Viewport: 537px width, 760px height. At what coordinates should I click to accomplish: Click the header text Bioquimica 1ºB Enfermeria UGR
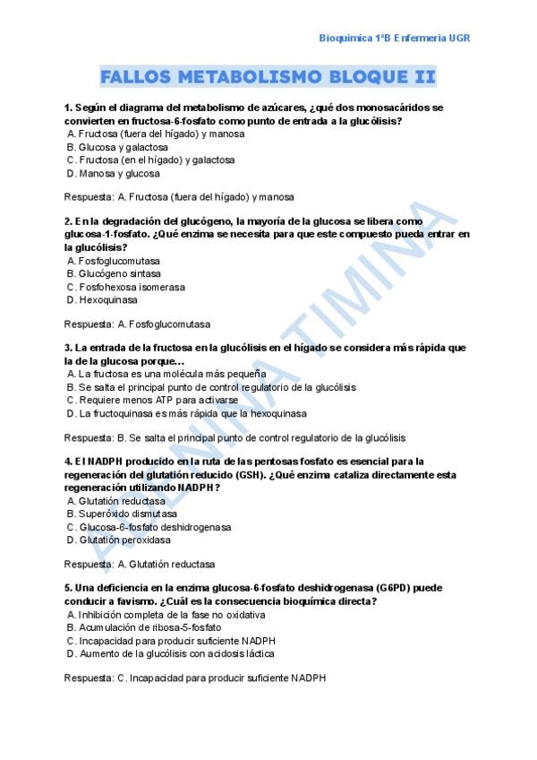click(395, 38)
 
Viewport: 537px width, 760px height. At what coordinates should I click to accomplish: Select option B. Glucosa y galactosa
click(117, 147)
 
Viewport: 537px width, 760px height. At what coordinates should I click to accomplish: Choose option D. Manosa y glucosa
click(114, 174)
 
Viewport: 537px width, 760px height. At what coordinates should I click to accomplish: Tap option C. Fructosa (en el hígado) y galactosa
click(150, 160)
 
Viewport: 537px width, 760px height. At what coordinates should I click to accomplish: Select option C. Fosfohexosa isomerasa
click(126, 288)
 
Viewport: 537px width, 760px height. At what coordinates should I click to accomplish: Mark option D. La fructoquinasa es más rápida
click(186, 414)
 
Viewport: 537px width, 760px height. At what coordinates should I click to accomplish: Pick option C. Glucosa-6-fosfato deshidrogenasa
click(149, 527)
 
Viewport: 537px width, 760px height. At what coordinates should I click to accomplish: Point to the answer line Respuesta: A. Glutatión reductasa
click(140, 565)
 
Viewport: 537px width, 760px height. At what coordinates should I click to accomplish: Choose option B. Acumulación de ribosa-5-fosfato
click(143, 627)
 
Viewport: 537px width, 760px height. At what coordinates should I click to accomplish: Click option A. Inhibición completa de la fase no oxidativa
click(166, 614)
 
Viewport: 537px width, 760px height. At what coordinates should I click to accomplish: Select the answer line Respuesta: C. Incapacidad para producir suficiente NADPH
click(195, 678)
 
